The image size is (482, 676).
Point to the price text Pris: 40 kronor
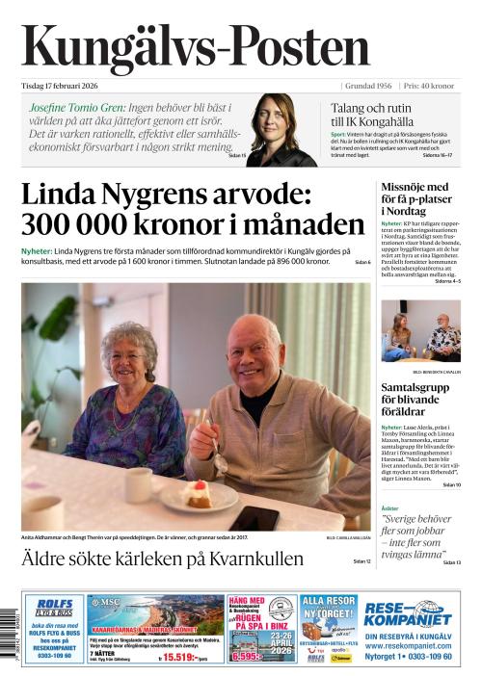pyautogui.click(x=428, y=86)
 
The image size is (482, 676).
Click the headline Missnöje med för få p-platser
pyautogui.click(x=415, y=198)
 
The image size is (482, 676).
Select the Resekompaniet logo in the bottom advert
pyautogui.click(x=408, y=612)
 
